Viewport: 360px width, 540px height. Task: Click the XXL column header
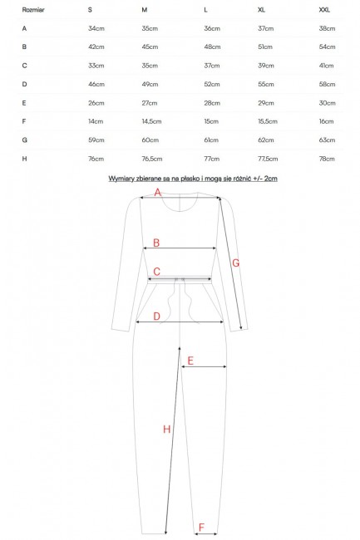click(x=324, y=10)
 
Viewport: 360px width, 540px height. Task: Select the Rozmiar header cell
click(x=33, y=10)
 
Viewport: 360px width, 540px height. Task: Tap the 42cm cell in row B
click(x=96, y=47)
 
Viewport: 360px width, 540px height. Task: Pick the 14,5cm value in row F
click(x=151, y=121)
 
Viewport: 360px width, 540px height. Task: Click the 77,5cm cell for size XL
click(x=268, y=160)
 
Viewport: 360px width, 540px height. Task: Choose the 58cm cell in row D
click(x=327, y=85)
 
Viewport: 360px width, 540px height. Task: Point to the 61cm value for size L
click(x=211, y=140)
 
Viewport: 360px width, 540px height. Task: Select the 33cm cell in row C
click(x=96, y=66)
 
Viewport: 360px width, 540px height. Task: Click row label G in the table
click(x=24, y=140)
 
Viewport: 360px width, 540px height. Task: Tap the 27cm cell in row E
click(x=150, y=103)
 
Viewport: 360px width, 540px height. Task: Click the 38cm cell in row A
click(x=327, y=28)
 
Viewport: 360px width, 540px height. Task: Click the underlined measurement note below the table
click(x=193, y=179)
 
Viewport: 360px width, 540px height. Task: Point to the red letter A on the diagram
click(x=158, y=192)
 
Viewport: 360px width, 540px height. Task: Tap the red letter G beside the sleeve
click(x=235, y=263)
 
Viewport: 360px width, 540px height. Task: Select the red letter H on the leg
click(x=167, y=430)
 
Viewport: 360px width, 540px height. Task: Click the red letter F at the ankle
click(x=201, y=527)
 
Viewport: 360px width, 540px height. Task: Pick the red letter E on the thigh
click(x=190, y=361)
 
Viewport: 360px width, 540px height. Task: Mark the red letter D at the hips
click(x=157, y=317)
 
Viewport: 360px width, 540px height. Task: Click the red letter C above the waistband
click(x=157, y=272)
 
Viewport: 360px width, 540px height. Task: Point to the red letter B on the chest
click(x=156, y=243)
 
